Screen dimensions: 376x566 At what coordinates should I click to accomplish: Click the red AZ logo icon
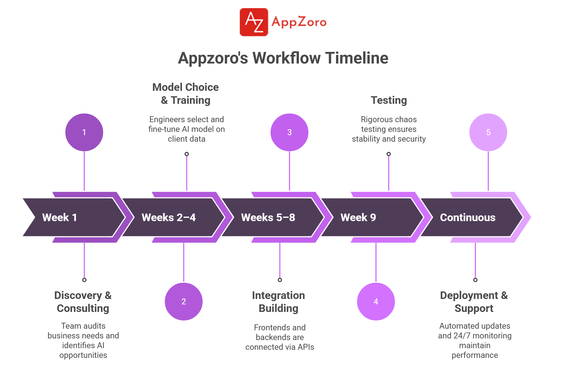pos(254,22)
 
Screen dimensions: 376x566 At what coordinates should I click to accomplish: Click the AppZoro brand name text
pos(299,22)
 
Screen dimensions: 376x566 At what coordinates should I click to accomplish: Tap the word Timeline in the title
pos(357,58)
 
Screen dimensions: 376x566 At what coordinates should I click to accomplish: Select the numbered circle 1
pos(84,132)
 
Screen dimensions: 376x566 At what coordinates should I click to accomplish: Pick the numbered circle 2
pos(184,301)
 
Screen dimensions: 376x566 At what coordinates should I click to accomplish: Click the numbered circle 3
pos(289,132)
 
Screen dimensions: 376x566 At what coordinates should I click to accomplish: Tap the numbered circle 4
pos(376,301)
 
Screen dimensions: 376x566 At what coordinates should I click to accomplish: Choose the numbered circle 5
pos(488,132)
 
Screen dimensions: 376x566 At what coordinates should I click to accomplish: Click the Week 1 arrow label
pos(59,217)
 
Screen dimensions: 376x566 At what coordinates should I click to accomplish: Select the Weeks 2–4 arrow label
pos(168,217)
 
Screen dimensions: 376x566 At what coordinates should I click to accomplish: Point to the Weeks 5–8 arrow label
pos(268,217)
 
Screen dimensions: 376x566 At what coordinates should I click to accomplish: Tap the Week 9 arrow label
pos(358,217)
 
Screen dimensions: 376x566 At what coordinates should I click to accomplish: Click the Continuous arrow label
pos(468,217)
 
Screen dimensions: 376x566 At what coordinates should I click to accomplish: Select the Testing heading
pos(389,100)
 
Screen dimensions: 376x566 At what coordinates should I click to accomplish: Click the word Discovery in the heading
pos(78,295)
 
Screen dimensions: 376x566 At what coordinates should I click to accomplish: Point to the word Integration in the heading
pos(278,295)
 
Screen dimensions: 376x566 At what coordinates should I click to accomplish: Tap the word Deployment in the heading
pos(469,295)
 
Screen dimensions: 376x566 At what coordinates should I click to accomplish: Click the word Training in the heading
pos(191,100)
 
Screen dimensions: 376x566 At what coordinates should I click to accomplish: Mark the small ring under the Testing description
pos(389,154)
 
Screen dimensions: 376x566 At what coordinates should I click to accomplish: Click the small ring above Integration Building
pos(280,280)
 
